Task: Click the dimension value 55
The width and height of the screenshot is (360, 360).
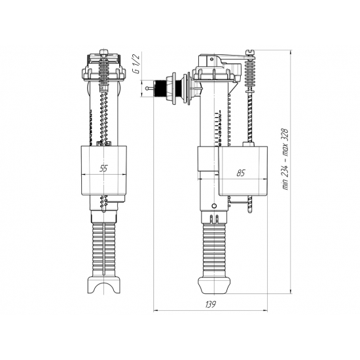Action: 103,168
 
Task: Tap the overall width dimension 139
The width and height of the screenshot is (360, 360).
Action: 210,305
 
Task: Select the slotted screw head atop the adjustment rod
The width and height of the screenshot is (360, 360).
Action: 249,50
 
